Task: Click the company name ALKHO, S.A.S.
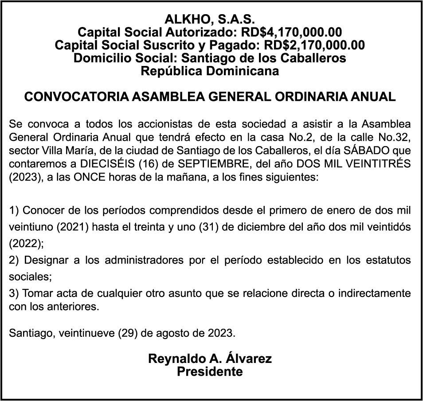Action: [210, 19]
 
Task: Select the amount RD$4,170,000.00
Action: [291, 32]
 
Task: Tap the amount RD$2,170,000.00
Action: [314, 45]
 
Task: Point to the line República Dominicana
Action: [210, 71]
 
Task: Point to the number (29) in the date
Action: [128, 332]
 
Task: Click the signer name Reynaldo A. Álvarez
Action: [210, 359]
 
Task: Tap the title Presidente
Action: [210, 371]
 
